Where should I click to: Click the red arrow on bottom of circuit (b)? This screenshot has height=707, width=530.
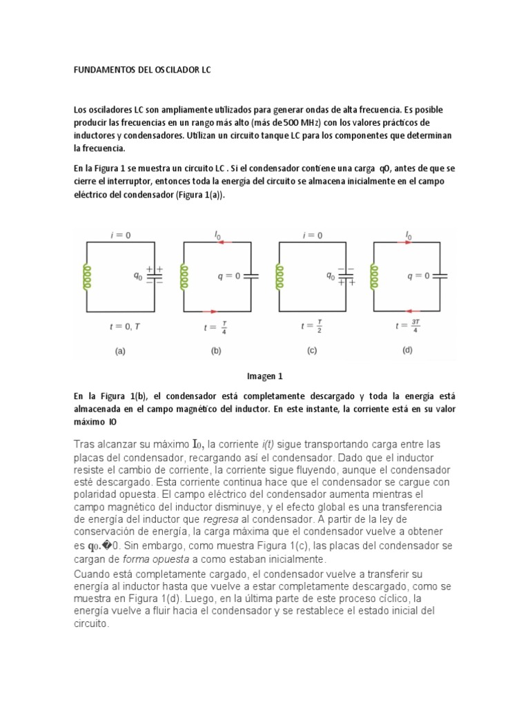point(215,311)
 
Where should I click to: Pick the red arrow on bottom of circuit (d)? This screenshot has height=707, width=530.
point(410,311)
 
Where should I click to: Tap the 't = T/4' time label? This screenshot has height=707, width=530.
point(215,327)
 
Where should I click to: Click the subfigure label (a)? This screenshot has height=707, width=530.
point(120,351)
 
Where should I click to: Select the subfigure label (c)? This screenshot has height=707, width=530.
point(311,351)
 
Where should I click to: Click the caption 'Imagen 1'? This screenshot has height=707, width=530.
point(265,376)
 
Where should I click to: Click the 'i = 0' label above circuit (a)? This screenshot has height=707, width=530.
point(121,235)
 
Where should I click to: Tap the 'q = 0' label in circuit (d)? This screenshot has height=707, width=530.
point(418,275)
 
